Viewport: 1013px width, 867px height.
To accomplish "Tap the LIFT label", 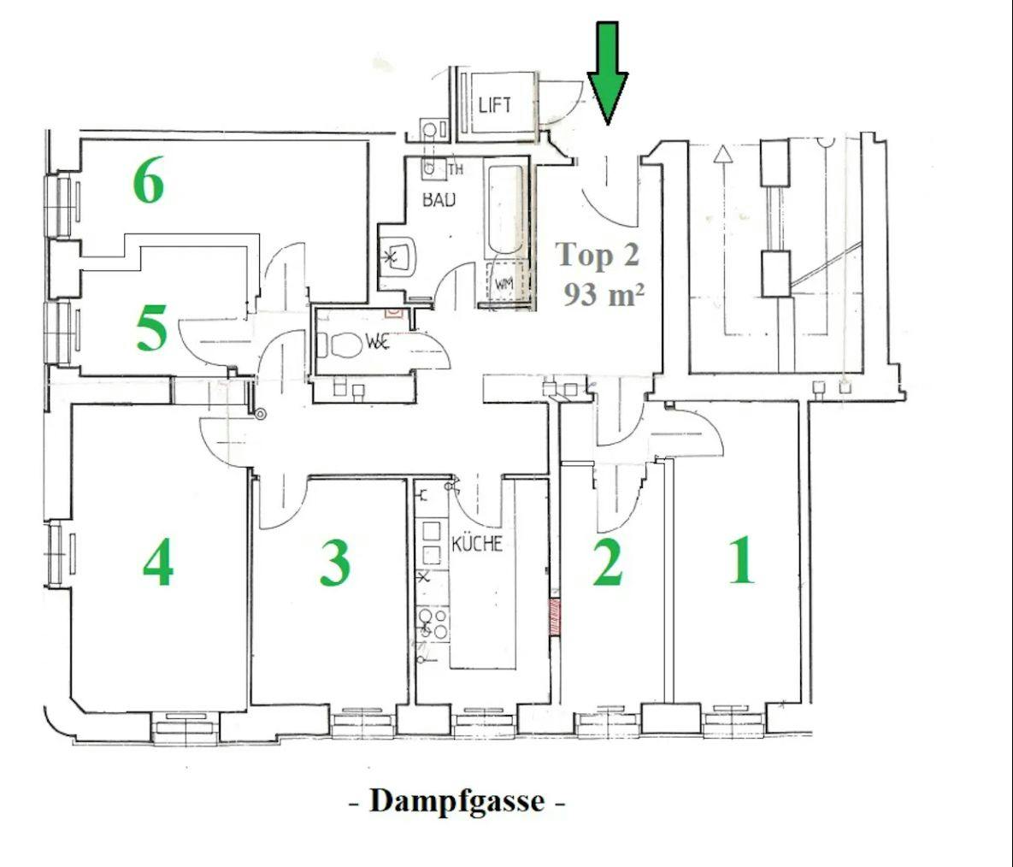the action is click(x=495, y=104).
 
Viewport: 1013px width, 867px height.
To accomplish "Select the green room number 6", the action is click(x=149, y=181).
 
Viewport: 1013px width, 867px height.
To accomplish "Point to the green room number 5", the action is click(x=152, y=328).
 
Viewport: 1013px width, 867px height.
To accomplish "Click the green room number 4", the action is click(x=158, y=563).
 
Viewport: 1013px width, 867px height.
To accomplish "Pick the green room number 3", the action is click(x=334, y=563).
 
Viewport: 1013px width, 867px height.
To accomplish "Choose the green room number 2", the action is click(x=607, y=563).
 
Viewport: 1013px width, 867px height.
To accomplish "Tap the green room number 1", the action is click(x=742, y=559).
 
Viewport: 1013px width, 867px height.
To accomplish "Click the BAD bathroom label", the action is click(x=439, y=199).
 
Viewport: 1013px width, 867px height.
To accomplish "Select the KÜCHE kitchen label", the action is click(x=477, y=543).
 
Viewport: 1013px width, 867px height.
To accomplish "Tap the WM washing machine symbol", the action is click(x=504, y=283).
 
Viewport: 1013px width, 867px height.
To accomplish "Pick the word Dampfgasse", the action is click(x=456, y=801).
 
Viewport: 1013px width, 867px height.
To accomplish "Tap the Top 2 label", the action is click(x=598, y=255).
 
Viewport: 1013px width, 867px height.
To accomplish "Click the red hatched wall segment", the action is click(x=554, y=616).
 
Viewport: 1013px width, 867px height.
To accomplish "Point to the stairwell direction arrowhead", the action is click(x=722, y=153).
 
